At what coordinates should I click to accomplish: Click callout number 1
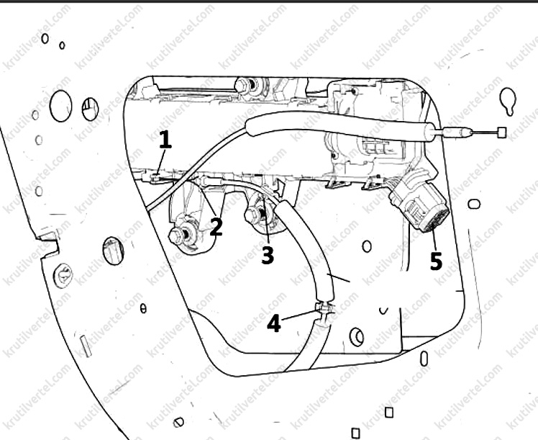[x=165, y=140]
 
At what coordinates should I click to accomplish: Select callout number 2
[x=216, y=227]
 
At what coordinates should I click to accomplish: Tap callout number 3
[x=268, y=256]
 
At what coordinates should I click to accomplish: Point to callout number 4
[x=274, y=324]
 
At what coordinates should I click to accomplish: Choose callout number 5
[x=436, y=261]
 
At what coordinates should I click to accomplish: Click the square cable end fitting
[x=501, y=132]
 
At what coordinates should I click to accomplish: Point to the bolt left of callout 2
[x=178, y=235]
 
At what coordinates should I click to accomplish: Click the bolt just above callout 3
[x=255, y=215]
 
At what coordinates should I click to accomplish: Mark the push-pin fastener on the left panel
[x=63, y=276]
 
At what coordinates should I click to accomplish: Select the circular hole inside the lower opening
[x=357, y=336]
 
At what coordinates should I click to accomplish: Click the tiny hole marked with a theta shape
[x=143, y=309]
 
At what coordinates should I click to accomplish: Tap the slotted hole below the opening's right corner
[x=424, y=358]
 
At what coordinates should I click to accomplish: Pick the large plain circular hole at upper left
[x=60, y=106]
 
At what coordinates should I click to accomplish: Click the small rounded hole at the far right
[x=474, y=204]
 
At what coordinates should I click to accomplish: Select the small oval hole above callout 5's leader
[x=367, y=246]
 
